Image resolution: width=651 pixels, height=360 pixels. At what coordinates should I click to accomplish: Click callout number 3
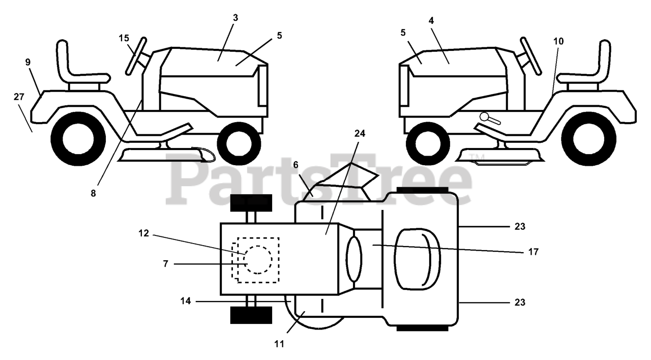tap(235, 18)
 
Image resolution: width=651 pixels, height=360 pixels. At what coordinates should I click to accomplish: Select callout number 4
tap(431, 21)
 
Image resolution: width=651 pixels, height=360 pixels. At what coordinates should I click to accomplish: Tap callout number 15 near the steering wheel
tap(124, 38)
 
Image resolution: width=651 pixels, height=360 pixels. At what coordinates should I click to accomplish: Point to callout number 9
tap(28, 62)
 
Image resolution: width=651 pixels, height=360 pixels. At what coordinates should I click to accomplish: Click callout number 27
tap(19, 96)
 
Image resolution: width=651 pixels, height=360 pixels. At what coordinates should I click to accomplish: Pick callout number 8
tap(93, 193)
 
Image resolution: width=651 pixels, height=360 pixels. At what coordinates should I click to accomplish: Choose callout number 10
tap(559, 41)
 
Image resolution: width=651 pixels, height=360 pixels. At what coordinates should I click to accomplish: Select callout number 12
tap(144, 233)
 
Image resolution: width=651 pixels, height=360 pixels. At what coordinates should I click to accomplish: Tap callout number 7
tap(165, 264)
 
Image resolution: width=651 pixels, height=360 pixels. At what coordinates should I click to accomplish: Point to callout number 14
tap(185, 301)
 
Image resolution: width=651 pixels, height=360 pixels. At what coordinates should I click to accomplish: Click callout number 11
tap(278, 344)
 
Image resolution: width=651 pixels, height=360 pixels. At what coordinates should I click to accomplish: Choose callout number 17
tap(534, 251)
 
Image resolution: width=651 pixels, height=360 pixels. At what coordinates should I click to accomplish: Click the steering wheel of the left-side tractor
tap(137, 54)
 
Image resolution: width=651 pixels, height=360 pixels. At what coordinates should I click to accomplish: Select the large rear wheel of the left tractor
tap(78, 138)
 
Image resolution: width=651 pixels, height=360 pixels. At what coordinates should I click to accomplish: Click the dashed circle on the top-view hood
tap(258, 260)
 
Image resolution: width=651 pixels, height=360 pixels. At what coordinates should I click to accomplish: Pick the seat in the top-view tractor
tap(417, 260)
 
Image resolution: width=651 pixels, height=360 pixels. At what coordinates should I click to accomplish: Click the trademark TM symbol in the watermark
tap(474, 157)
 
